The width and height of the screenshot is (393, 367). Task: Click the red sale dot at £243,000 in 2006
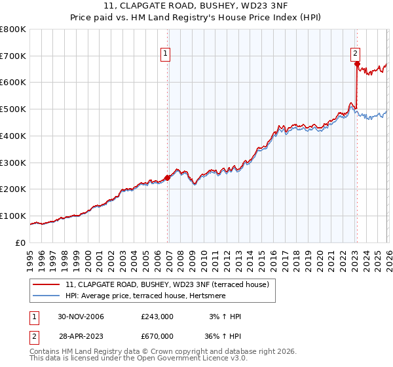click(x=168, y=177)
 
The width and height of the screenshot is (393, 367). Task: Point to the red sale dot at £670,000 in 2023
click(x=357, y=64)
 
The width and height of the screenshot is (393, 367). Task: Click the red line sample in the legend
click(x=47, y=284)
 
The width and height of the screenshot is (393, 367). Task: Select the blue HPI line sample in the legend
click(x=47, y=296)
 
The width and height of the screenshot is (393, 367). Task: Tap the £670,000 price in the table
click(x=157, y=336)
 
